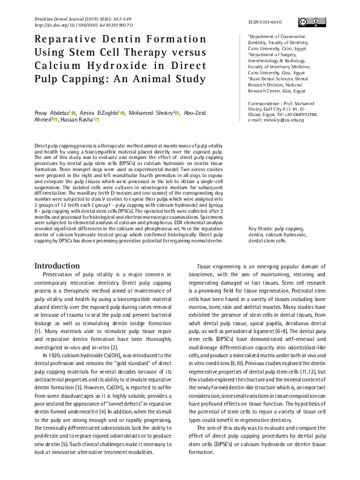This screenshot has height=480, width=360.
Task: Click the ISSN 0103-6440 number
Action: tap(265, 22)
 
